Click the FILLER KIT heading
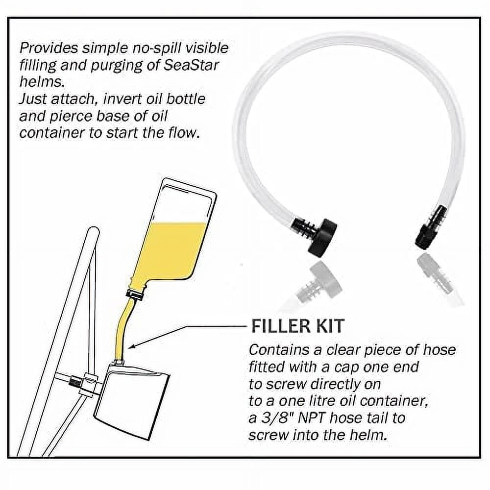pyautogui.click(x=297, y=326)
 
